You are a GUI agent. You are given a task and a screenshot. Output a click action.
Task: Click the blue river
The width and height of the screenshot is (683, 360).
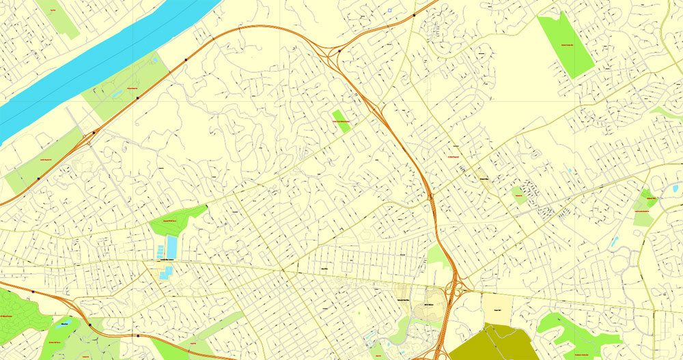(102, 68)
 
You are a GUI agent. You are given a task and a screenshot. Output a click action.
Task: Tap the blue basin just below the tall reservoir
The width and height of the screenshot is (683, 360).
(165, 274)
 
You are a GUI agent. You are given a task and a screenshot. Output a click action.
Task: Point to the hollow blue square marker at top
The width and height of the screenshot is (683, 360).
(389, 10)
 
